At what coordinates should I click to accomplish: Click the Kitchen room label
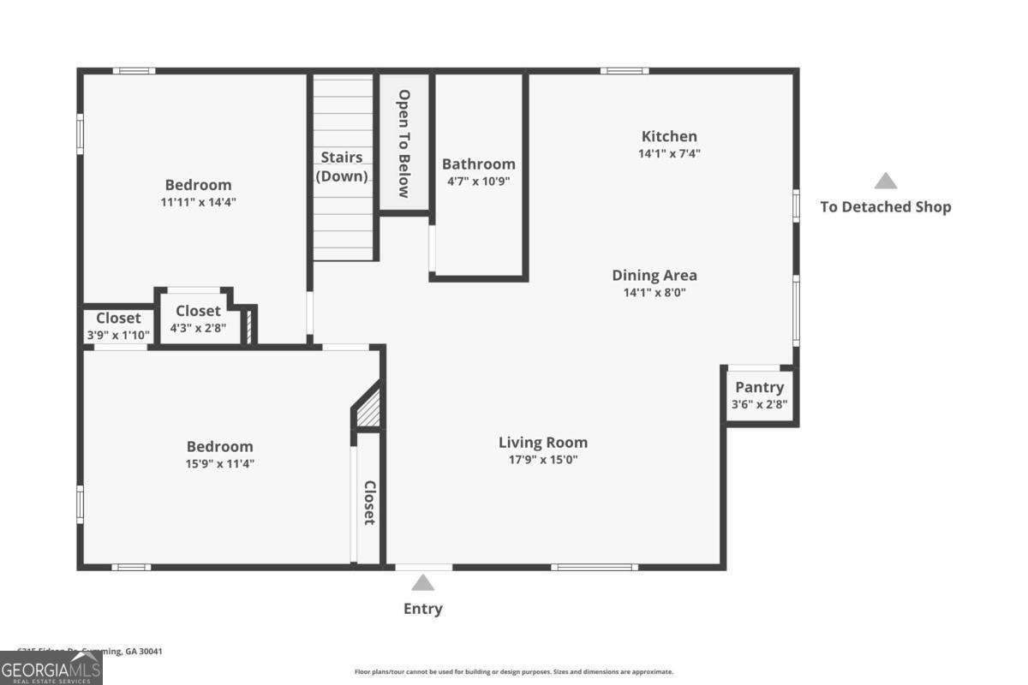[x=669, y=136]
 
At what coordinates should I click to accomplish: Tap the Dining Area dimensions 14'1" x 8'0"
[x=654, y=292]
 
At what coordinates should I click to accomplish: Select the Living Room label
[x=543, y=443]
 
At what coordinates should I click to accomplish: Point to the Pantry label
[x=759, y=388]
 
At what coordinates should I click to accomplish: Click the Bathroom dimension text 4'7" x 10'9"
[x=478, y=181]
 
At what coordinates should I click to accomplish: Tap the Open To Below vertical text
[x=403, y=143]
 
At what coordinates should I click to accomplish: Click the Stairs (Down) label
[x=342, y=167]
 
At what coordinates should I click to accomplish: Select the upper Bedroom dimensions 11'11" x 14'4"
[x=198, y=202]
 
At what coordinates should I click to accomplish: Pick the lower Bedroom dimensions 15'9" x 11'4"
[x=220, y=463]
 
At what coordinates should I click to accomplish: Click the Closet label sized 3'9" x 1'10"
[x=118, y=319]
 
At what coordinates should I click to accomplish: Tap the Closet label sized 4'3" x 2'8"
[x=198, y=311]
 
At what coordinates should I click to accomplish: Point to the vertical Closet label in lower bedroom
[x=369, y=503]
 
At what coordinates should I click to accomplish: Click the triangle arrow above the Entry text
[x=422, y=583]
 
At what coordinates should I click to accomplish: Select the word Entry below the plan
[x=423, y=609]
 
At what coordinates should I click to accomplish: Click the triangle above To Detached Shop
[x=885, y=182]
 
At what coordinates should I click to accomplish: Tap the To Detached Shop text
[x=885, y=206]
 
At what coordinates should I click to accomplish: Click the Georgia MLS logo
[x=51, y=668]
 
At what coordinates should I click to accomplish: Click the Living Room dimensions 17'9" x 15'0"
[x=543, y=460]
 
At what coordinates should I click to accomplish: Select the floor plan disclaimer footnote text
[x=514, y=672]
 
